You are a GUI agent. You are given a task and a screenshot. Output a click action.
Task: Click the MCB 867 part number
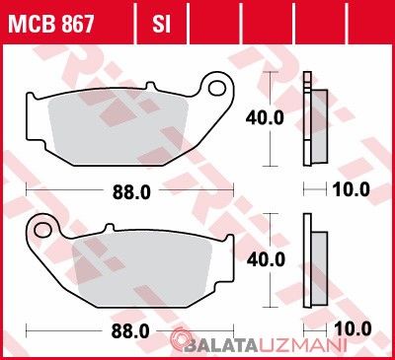51,24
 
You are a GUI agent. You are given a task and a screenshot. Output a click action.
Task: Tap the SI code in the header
161,24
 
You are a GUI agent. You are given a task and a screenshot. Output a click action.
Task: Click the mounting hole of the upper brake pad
217,89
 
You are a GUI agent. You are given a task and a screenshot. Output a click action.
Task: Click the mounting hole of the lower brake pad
42,230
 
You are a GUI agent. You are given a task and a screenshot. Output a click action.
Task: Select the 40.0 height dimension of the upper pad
265,118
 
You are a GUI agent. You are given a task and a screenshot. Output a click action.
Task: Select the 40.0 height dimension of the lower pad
266,260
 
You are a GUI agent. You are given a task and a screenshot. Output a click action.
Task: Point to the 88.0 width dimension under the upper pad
131,192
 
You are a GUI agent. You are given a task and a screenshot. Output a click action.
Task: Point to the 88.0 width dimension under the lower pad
130,331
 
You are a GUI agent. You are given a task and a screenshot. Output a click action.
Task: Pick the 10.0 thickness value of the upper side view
351,189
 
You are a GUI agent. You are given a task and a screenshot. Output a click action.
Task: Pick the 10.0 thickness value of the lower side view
353,329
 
